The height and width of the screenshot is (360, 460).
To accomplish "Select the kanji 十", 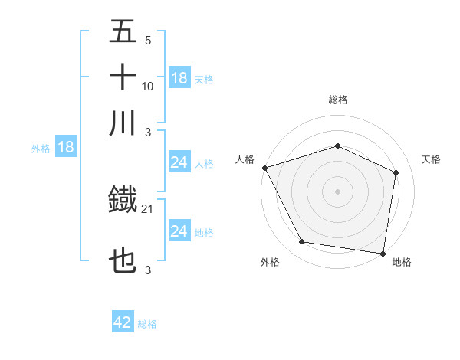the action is pyautogui.click(x=123, y=78).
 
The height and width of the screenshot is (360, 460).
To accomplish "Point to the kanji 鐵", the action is pyautogui.click(x=123, y=201).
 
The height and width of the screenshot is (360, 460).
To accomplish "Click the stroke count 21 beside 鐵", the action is pyautogui.click(x=148, y=208).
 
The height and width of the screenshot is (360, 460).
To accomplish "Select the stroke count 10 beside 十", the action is pyautogui.click(x=148, y=86).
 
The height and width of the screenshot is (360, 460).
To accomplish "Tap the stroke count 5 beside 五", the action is pyautogui.click(x=147, y=41).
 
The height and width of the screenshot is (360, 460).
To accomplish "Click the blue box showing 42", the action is pyautogui.click(x=123, y=322).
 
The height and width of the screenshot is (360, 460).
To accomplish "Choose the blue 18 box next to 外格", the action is pyautogui.click(x=66, y=147).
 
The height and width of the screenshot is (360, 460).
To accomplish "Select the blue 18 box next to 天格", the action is pyautogui.click(x=179, y=77).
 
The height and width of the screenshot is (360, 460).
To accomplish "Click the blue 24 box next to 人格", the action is pyautogui.click(x=179, y=162).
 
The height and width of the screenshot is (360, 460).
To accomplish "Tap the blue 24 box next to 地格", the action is pyautogui.click(x=179, y=231).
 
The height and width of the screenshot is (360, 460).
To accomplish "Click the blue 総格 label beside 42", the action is pyautogui.click(x=147, y=324).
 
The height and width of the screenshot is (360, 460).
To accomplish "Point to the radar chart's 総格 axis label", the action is pyautogui.click(x=338, y=100).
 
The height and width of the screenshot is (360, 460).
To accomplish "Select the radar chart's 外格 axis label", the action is pyautogui.click(x=270, y=262).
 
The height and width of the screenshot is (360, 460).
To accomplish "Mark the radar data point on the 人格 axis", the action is pyautogui.click(x=264, y=168).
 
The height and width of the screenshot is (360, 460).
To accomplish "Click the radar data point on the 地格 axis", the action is pyautogui.click(x=383, y=253).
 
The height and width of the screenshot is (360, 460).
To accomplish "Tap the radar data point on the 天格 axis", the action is pyautogui.click(x=396, y=172).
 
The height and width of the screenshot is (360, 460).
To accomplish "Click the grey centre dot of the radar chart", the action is pyautogui.click(x=337, y=191).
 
